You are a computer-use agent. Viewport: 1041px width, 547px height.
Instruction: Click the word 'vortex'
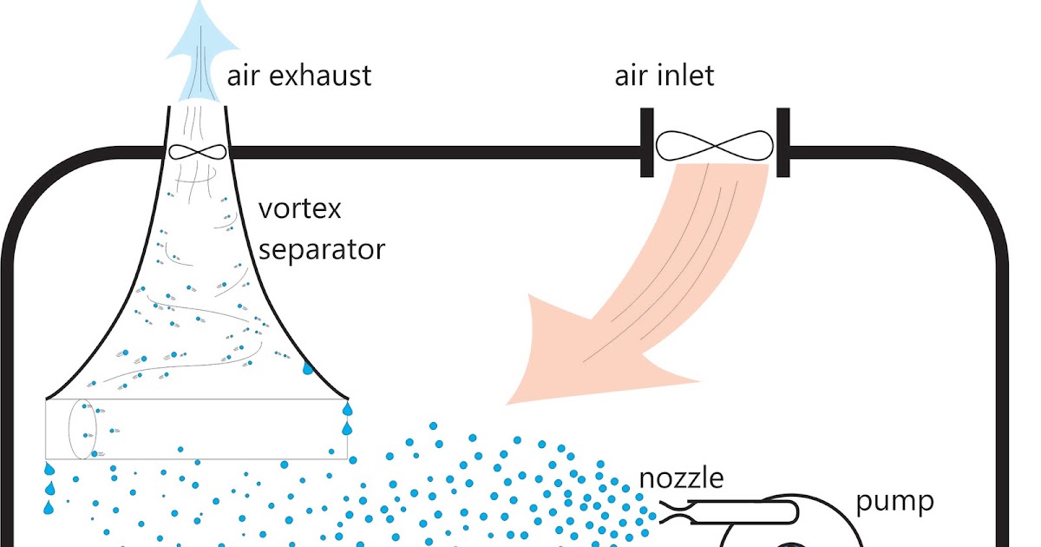(301, 209)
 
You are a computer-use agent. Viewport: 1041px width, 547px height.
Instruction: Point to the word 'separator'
(322, 250)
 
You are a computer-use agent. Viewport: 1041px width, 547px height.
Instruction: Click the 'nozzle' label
(681, 478)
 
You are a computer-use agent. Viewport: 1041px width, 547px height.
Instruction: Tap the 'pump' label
(894, 501)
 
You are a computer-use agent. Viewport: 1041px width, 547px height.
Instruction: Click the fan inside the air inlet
(712, 145)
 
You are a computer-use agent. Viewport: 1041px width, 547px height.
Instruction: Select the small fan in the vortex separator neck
(197, 152)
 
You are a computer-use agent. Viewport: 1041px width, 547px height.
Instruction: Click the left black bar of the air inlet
(646, 142)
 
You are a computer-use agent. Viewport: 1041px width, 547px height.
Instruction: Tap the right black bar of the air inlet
(782, 142)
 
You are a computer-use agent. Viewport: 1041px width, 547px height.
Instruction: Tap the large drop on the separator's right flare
(307, 368)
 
